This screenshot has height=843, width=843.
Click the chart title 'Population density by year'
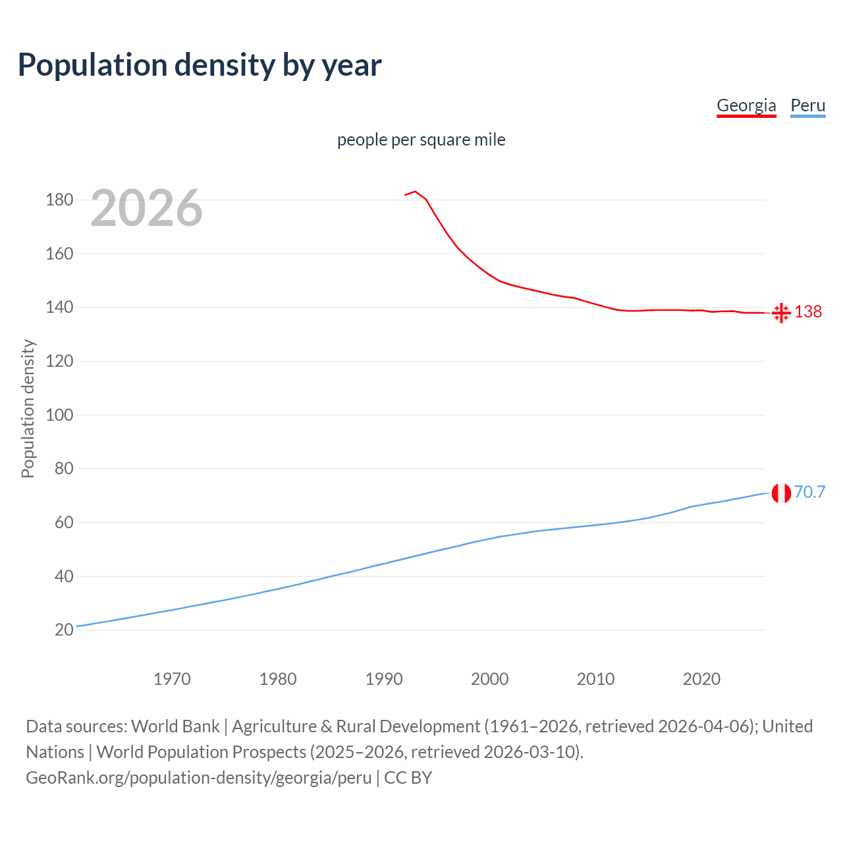point(200,65)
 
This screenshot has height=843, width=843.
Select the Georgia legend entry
point(746,105)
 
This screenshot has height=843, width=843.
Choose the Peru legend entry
point(807,105)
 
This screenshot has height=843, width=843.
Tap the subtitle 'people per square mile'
point(421,140)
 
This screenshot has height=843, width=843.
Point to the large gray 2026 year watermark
point(146,208)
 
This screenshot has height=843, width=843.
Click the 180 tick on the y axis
point(59,200)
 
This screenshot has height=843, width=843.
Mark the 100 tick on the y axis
point(59,415)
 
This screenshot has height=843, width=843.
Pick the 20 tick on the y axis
point(64,630)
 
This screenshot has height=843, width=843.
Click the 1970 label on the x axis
point(172,679)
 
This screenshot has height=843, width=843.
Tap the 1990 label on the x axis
point(384,679)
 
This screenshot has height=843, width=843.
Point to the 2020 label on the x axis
point(701,679)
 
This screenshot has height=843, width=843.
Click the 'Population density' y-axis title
point(28,408)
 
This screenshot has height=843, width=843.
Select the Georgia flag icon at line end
point(781,313)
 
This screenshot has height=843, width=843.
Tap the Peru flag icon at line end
point(781,493)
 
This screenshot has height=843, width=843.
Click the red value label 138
point(808,312)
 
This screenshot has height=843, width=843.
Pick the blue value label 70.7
point(809,493)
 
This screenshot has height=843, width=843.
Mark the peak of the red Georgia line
point(415,192)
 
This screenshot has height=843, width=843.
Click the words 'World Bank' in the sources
point(175,726)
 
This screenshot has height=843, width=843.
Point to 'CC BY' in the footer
point(408,778)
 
